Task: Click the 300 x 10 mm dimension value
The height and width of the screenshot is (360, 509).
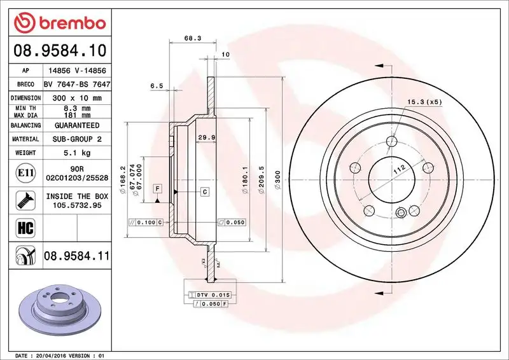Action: tap(76, 98)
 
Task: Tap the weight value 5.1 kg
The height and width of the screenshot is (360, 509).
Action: tap(76, 153)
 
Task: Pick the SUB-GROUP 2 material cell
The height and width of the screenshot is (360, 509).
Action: tap(76, 139)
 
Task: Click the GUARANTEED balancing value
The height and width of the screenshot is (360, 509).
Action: tap(76, 125)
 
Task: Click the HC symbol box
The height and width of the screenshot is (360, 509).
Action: tap(22, 227)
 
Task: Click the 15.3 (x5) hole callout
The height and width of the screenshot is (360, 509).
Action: tap(424, 102)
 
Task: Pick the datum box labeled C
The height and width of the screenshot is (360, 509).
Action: tap(205, 191)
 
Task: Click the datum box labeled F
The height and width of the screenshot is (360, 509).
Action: tap(156, 188)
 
